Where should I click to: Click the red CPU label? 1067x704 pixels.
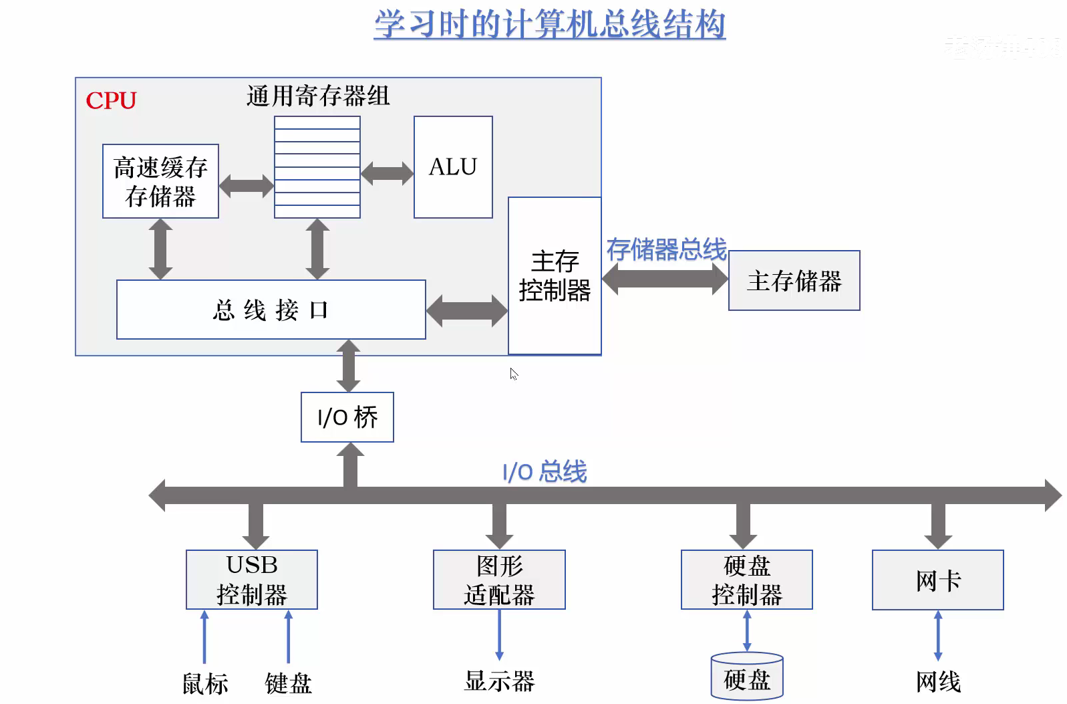pyautogui.click(x=111, y=100)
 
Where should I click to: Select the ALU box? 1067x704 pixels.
pyautogui.click(x=453, y=167)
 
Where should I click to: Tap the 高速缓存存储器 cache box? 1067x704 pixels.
pyautogui.click(x=160, y=181)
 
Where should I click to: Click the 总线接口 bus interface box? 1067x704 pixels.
pyautogui.click(x=271, y=310)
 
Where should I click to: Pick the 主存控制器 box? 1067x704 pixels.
pyautogui.click(x=555, y=275)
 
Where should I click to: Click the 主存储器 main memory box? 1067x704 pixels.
pyautogui.click(x=794, y=281)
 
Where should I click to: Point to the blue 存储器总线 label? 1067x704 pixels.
pyautogui.click(x=666, y=249)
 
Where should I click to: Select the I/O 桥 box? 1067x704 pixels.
pyautogui.click(x=347, y=417)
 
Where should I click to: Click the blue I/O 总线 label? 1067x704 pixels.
pyautogui.click(x=545, y=471)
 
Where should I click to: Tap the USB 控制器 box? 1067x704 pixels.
pyautogui.click(x=252, y=580)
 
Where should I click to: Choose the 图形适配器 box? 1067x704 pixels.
pyautogui.click(x=499, y=580)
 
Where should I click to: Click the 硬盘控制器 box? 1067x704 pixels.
pyautogui.click(x=746, y=580)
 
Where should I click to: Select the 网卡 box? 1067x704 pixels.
pyautogui.click(x=937, y=580)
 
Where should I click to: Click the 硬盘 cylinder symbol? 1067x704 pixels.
pyautogui.click(x=746, y=677)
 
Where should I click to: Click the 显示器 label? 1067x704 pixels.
pyautogui.click(x=499, y=681)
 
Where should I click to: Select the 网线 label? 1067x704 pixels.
pyautogui.click(x=937, y=682)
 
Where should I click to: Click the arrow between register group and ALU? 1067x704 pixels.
pyautogui.click(x=387, y=173)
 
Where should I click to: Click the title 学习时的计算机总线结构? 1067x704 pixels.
pyautogui.click(x=549, y=24)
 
